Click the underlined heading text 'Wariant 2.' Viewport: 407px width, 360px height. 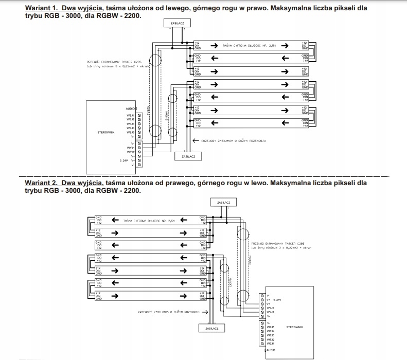pyautogui.click(x=43, y=183)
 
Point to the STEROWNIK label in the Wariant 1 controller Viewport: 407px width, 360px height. pyautogui.click(x=105, y=132)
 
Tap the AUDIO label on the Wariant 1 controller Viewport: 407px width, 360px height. pyautogui.click(x=130, y=109)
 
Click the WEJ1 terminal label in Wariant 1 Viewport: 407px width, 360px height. pyautogui.click(x=130, y=115)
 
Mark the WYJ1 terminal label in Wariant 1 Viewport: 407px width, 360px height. pyautogui.click(x=130, y=148)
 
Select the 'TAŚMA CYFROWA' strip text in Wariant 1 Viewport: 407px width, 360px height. pyautogui.click(x=247, y=45)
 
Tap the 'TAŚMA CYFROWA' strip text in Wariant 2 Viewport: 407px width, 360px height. pyautogui.click(x=150, y=220)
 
